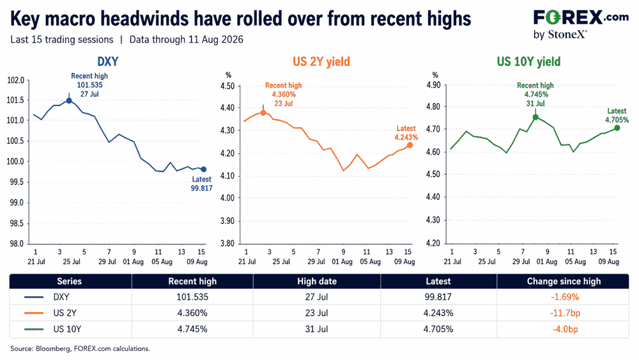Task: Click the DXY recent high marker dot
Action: point(69,100)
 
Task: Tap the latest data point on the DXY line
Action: point(204,169)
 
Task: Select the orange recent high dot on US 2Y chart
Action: point(263,113)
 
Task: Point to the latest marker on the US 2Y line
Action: point(410,145)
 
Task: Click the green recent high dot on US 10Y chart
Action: point(535,118)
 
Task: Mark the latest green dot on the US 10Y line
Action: point(617,128)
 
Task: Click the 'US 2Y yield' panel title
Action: point(321,61)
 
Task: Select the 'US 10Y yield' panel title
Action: point(528,61)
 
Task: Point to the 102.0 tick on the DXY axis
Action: point(16,80)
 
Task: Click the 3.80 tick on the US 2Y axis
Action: point(227,244)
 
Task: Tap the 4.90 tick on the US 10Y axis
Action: point(433,85)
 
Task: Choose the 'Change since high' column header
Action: point(564,281)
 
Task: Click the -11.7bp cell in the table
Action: point(565,313)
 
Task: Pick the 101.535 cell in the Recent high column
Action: point(192,297)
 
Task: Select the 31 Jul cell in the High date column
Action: point(317,329)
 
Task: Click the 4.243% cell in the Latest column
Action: point(438,313)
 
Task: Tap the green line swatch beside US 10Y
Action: point(34,329)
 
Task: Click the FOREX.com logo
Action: point(581,24)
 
